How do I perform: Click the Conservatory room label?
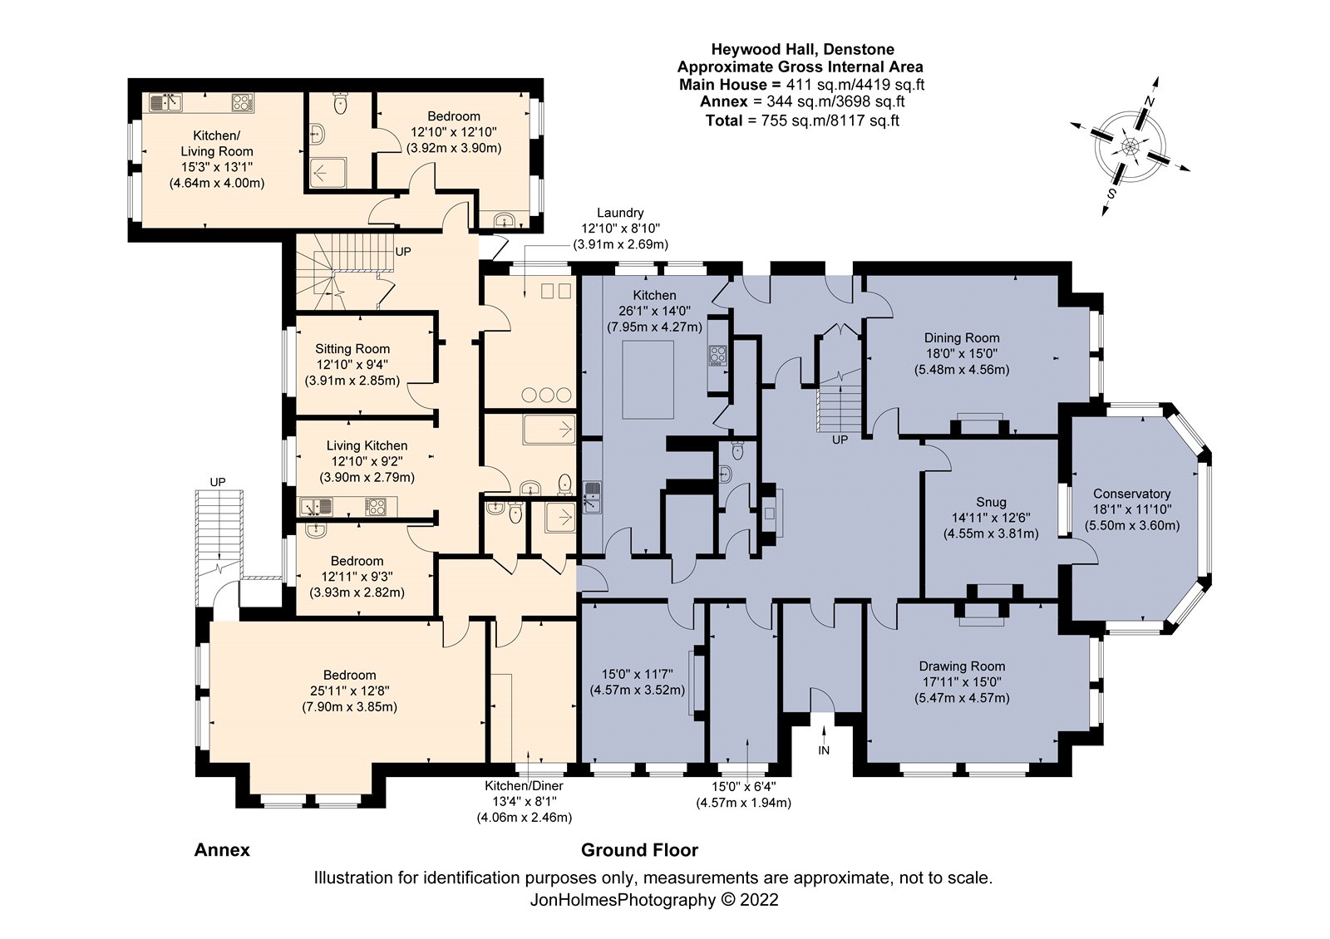(1131, 494)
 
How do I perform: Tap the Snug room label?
(991, 502)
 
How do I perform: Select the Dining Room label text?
(962, 338)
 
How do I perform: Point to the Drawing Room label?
(962, 666)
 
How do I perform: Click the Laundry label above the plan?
(619, 213)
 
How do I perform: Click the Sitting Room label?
(352, 349)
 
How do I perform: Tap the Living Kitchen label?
(367, 446)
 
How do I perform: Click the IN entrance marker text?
(824, 750)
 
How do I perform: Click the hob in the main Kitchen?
(717, 356)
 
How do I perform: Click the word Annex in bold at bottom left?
(222, 850)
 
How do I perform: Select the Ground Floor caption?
(639, 850)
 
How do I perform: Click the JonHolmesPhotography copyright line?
(653, 899)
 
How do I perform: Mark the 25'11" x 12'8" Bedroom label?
(349, 690)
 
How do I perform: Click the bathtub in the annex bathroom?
(548, 430)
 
